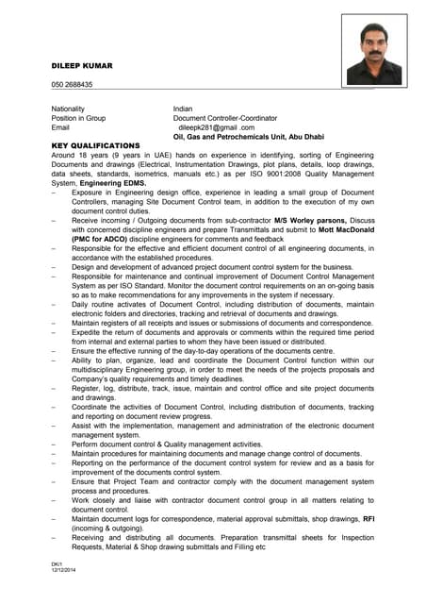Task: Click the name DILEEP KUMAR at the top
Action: point(82,66)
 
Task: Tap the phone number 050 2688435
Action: point(72,85)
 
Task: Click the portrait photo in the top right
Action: point(374,55)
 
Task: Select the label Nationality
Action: point(72,109)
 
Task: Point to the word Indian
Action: point(183,109)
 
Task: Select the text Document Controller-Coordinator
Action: point(225,118)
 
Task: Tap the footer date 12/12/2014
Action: point(62,569)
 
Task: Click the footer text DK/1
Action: point(56,563)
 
